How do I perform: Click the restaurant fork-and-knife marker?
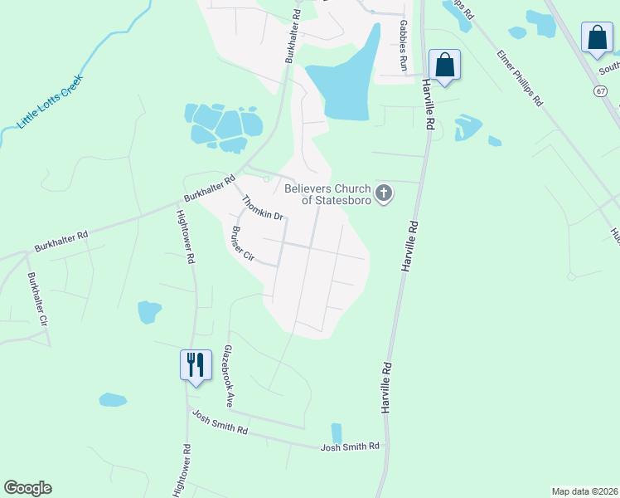pyautogui.click(x=195, y=364)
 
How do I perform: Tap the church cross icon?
pyautogui.click(x=384, y=194)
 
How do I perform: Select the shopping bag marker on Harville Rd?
pyautogui.click(x=444, y=65)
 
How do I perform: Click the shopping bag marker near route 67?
pyautogui.click(x=597, y=37)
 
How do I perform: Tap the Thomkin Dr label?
pyautogui.click(x=263, y=207)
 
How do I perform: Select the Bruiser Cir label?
pyautogui.click(x=243, y=244)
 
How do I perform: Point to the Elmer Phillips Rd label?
pyautogui.click(x=519, y=78)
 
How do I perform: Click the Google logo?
pyautogui.click(x=28, y=488)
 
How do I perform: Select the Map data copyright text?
pyautogui.click(x=584, y=491)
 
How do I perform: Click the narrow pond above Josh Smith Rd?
pyautogui.click(x=336, y=433)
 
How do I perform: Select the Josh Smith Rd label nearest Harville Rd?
pyautogui.click(x=350, y=447)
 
